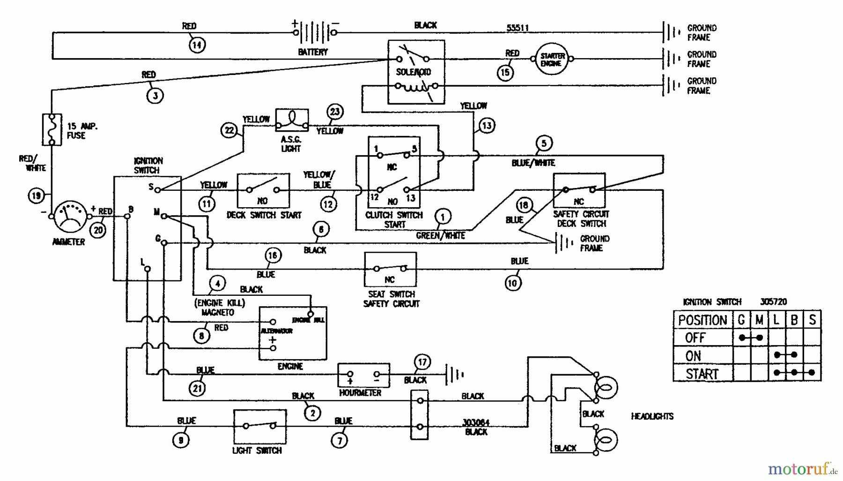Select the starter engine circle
[552, 59]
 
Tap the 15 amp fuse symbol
[52, 129]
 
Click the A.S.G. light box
[292, 120]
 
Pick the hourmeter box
[363, 375]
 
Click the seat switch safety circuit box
[390, 269]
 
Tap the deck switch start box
[263, 190]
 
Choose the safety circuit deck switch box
[579, 190]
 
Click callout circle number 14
[197, 45]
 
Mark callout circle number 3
[155, 96]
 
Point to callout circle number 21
[198, 389]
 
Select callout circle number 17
[422, 362]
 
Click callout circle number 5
[544, 143]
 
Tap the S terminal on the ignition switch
[158, 189]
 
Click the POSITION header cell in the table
[702, 320]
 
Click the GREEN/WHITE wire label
[440, 235]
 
